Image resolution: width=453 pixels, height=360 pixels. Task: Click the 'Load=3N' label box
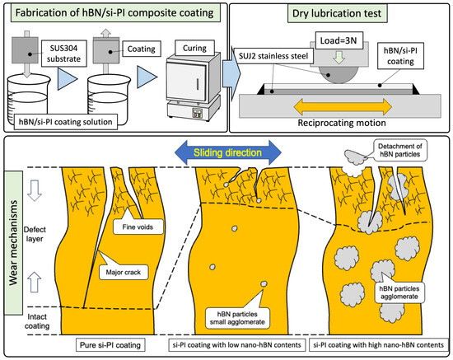339,40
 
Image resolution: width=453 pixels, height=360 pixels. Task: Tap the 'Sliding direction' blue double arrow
228,152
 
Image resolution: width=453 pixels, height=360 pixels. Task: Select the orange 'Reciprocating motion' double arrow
343,107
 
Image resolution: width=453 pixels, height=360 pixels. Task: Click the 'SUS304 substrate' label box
64,54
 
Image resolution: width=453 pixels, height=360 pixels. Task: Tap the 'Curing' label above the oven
194,48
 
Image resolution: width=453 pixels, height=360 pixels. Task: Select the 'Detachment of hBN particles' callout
399,150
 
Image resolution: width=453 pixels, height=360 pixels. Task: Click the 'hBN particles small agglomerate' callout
237,318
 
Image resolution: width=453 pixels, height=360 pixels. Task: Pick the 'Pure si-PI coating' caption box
110,345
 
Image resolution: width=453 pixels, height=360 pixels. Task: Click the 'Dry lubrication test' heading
337,13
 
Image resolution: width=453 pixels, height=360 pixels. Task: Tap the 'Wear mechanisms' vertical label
13,243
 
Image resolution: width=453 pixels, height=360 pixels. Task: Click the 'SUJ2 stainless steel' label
273,56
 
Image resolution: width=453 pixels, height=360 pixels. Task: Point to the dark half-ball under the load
339,76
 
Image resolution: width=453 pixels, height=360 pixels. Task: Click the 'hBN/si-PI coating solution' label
66,122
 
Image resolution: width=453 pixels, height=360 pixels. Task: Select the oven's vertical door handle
198,84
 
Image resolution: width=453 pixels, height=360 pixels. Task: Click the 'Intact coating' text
37,321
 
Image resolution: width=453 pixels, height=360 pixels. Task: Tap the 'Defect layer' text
35,234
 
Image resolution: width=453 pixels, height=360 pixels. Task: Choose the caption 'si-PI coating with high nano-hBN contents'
379,345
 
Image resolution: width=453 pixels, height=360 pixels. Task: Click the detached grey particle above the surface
355,157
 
